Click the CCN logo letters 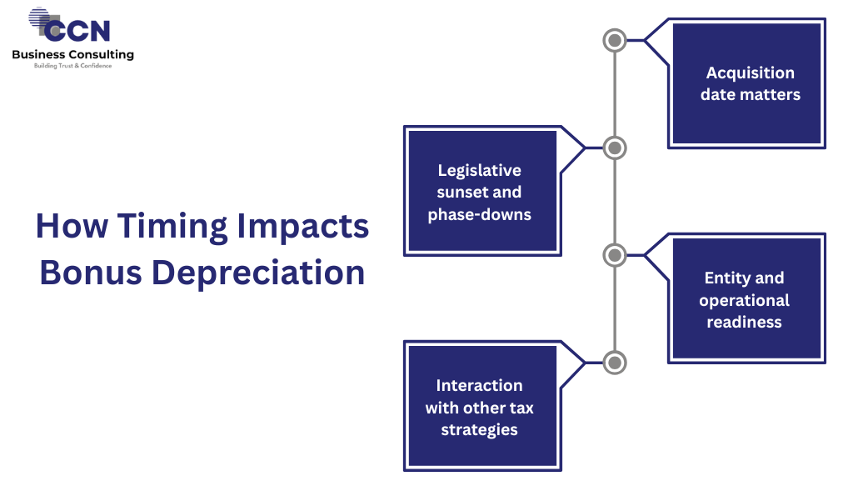pyautogui.click(x=77, y=29)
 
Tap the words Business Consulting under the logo pyautogui.click(x=72, y=54)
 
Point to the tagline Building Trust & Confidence pyautogui.click(x=72, y=66)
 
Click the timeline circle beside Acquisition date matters pyautogui.click(x=614, y=39)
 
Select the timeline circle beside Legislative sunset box pyautogui.click(x=614, y=148)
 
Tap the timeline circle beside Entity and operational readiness pyautogui.click(x=614, y=255)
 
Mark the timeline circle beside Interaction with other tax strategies pyautogui.click(x=614, y=363)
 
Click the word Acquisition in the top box pyautogui.click(x=751, y=73)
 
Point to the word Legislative pyautogui.click(x=480, y=170)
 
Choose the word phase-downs pyautogui.click(x=480, y=214)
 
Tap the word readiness pyautogui.click(x=745, y=322)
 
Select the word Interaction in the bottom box pyautogui.click(x=480, y=385)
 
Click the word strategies pyautogui.click(x=480, y=429)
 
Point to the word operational pyautogui.click(x=745, y=300)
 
